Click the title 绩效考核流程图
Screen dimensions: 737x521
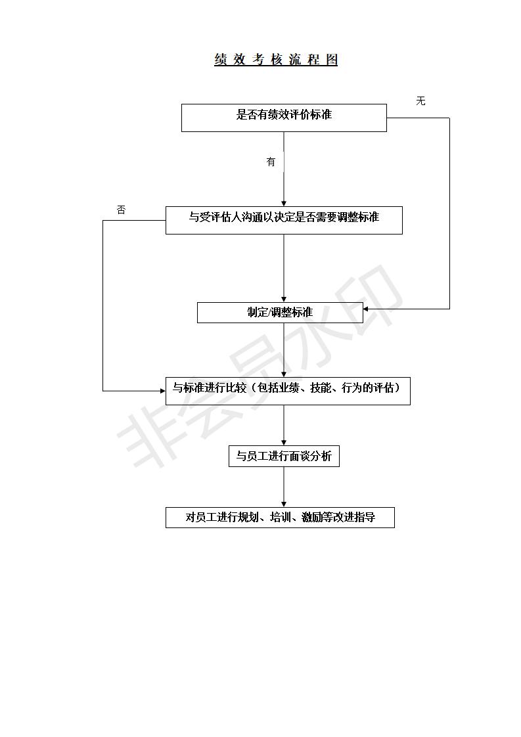tap(276, 60)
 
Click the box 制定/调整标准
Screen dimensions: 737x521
tap(280, 313)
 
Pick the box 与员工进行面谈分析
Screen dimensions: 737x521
tap(284, 456)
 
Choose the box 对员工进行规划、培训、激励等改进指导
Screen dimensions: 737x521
tap(280, 518)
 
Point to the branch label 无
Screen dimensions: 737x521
tap(420, 101)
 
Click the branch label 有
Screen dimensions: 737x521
tap(271, 162)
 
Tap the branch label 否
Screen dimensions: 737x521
tap(121, 210)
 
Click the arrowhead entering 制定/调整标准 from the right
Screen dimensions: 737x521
tap(367, 309)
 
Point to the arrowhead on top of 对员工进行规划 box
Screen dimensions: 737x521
tap(284, 504)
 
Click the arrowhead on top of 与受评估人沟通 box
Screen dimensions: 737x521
tap(284, 203)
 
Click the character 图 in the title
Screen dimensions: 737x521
tap(331, 60)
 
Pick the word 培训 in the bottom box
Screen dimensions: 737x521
tap(281, 518)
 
